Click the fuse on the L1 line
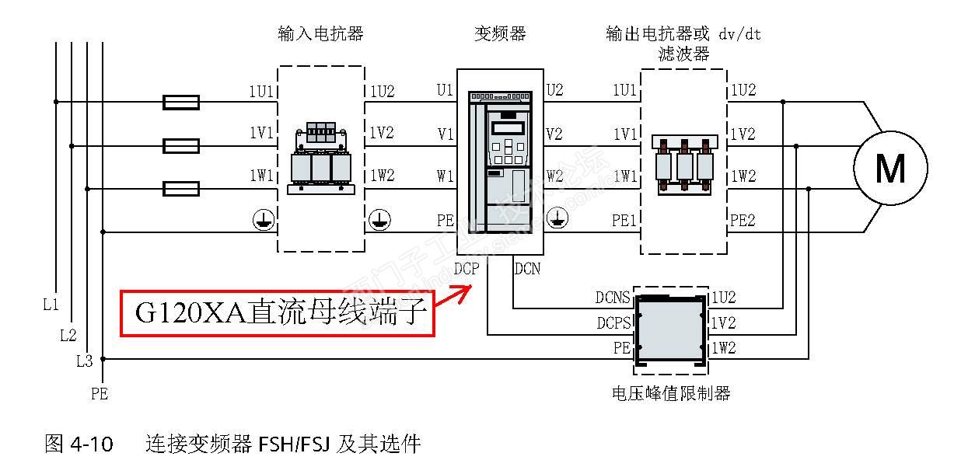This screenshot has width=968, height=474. pos(181,102)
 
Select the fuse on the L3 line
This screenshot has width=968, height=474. pos(181,188)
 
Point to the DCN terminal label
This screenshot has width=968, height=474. pos(527,270)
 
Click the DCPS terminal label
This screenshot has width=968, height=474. pos(613,322)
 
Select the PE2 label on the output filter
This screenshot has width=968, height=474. pos(743,221)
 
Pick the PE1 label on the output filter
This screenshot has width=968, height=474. pos(624,221)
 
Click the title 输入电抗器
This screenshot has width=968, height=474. pos(320,34)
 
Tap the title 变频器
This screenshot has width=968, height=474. pos(500,34)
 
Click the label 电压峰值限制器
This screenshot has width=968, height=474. pos(671,393)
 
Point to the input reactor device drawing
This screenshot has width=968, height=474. pos(321,158)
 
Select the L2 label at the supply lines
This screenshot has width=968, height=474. pos(68,335)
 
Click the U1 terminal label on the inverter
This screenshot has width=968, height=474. pos(445,91)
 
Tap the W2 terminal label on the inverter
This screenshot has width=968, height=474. pos(554,176)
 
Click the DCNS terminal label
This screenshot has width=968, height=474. pos(613,298)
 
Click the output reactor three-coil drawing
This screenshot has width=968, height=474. pos(684,166)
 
